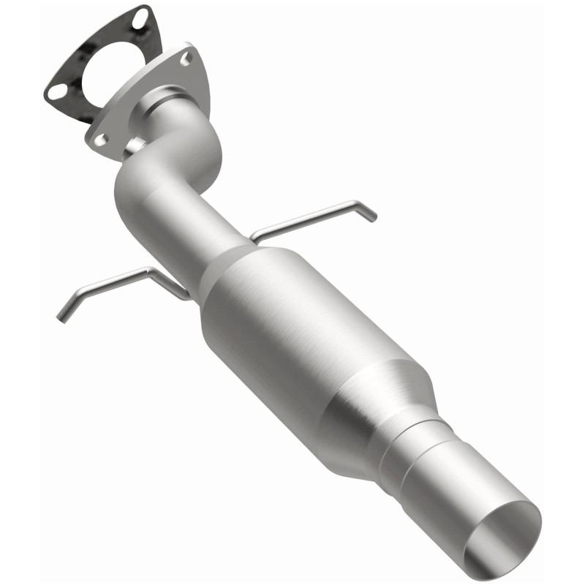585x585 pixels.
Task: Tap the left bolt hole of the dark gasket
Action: click(x=56, y=91)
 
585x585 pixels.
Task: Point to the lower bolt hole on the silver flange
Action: click(x=99, y=137)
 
